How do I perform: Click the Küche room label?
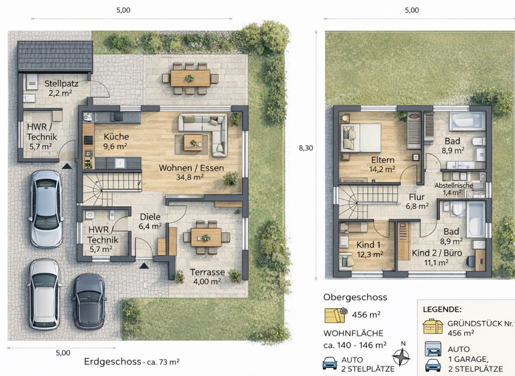point(116,136)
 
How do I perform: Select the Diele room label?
point(150,217)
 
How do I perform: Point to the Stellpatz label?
point(62,84)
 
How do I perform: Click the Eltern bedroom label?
point(382,160)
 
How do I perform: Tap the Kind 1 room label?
point(369,244)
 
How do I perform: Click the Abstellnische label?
point(454,185)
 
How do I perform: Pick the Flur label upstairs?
point(416,197)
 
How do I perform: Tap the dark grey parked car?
point(89,300)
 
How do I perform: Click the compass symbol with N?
point(402,356)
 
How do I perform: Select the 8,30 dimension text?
point(305,148)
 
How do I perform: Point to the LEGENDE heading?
point(442,310)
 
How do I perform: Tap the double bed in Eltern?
point(361,138)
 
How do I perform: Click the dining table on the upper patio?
point(190,77)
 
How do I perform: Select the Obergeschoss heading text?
point(355,297)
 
